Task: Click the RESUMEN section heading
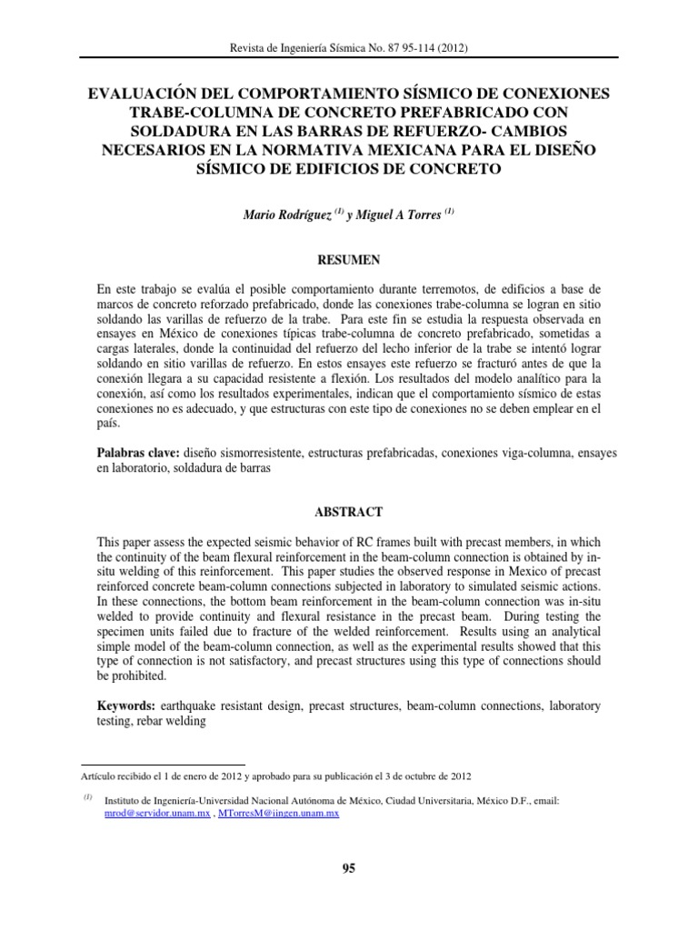348,259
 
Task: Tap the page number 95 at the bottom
348,868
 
